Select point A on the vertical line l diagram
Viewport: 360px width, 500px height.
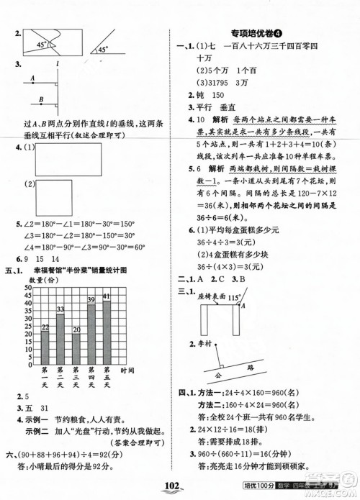(x=32, y=81)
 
